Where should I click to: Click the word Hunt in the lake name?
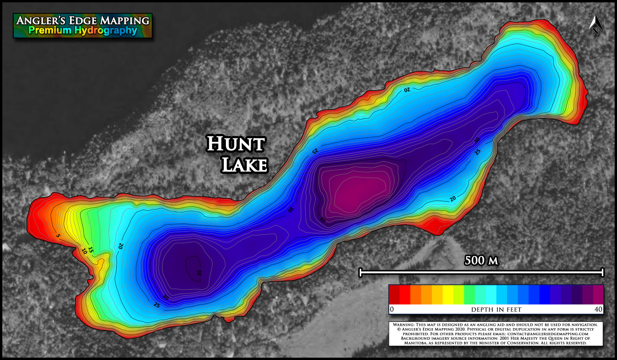point(236,144)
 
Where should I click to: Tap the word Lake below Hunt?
point(244,165)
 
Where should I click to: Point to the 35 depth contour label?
point(199,273)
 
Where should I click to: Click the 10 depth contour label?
point(84,251)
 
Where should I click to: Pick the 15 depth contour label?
point(91,251)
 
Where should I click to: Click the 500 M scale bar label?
point(481,261)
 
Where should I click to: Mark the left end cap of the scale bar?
point(360,272)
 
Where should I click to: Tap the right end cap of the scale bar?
point(603,272)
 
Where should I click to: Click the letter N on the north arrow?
point(595,32)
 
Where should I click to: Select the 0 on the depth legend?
point(392,310)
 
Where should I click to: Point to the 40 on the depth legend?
point(598,310)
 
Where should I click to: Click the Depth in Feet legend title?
point(496,310)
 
